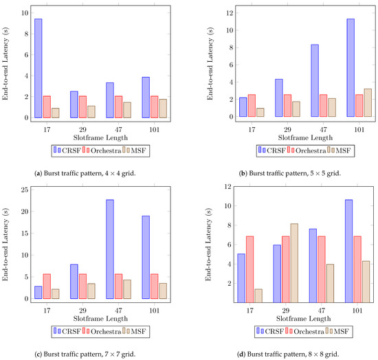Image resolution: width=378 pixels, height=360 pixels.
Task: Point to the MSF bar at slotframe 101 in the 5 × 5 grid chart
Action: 367,102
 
